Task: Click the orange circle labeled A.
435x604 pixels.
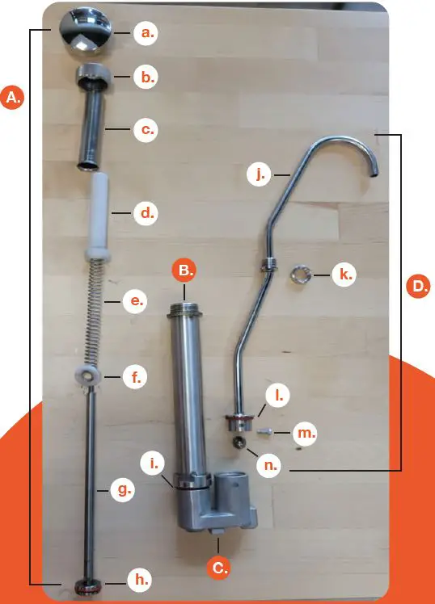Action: coord(14,98)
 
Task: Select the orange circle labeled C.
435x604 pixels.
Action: coord(219,568)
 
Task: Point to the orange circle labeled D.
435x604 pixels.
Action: coord(417,286)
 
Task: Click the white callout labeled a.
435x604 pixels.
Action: coord(147,33)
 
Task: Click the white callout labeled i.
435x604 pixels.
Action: coord(153,463)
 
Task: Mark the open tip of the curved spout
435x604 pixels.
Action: coord(374,172)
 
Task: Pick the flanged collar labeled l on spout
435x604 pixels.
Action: coord(239,421)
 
